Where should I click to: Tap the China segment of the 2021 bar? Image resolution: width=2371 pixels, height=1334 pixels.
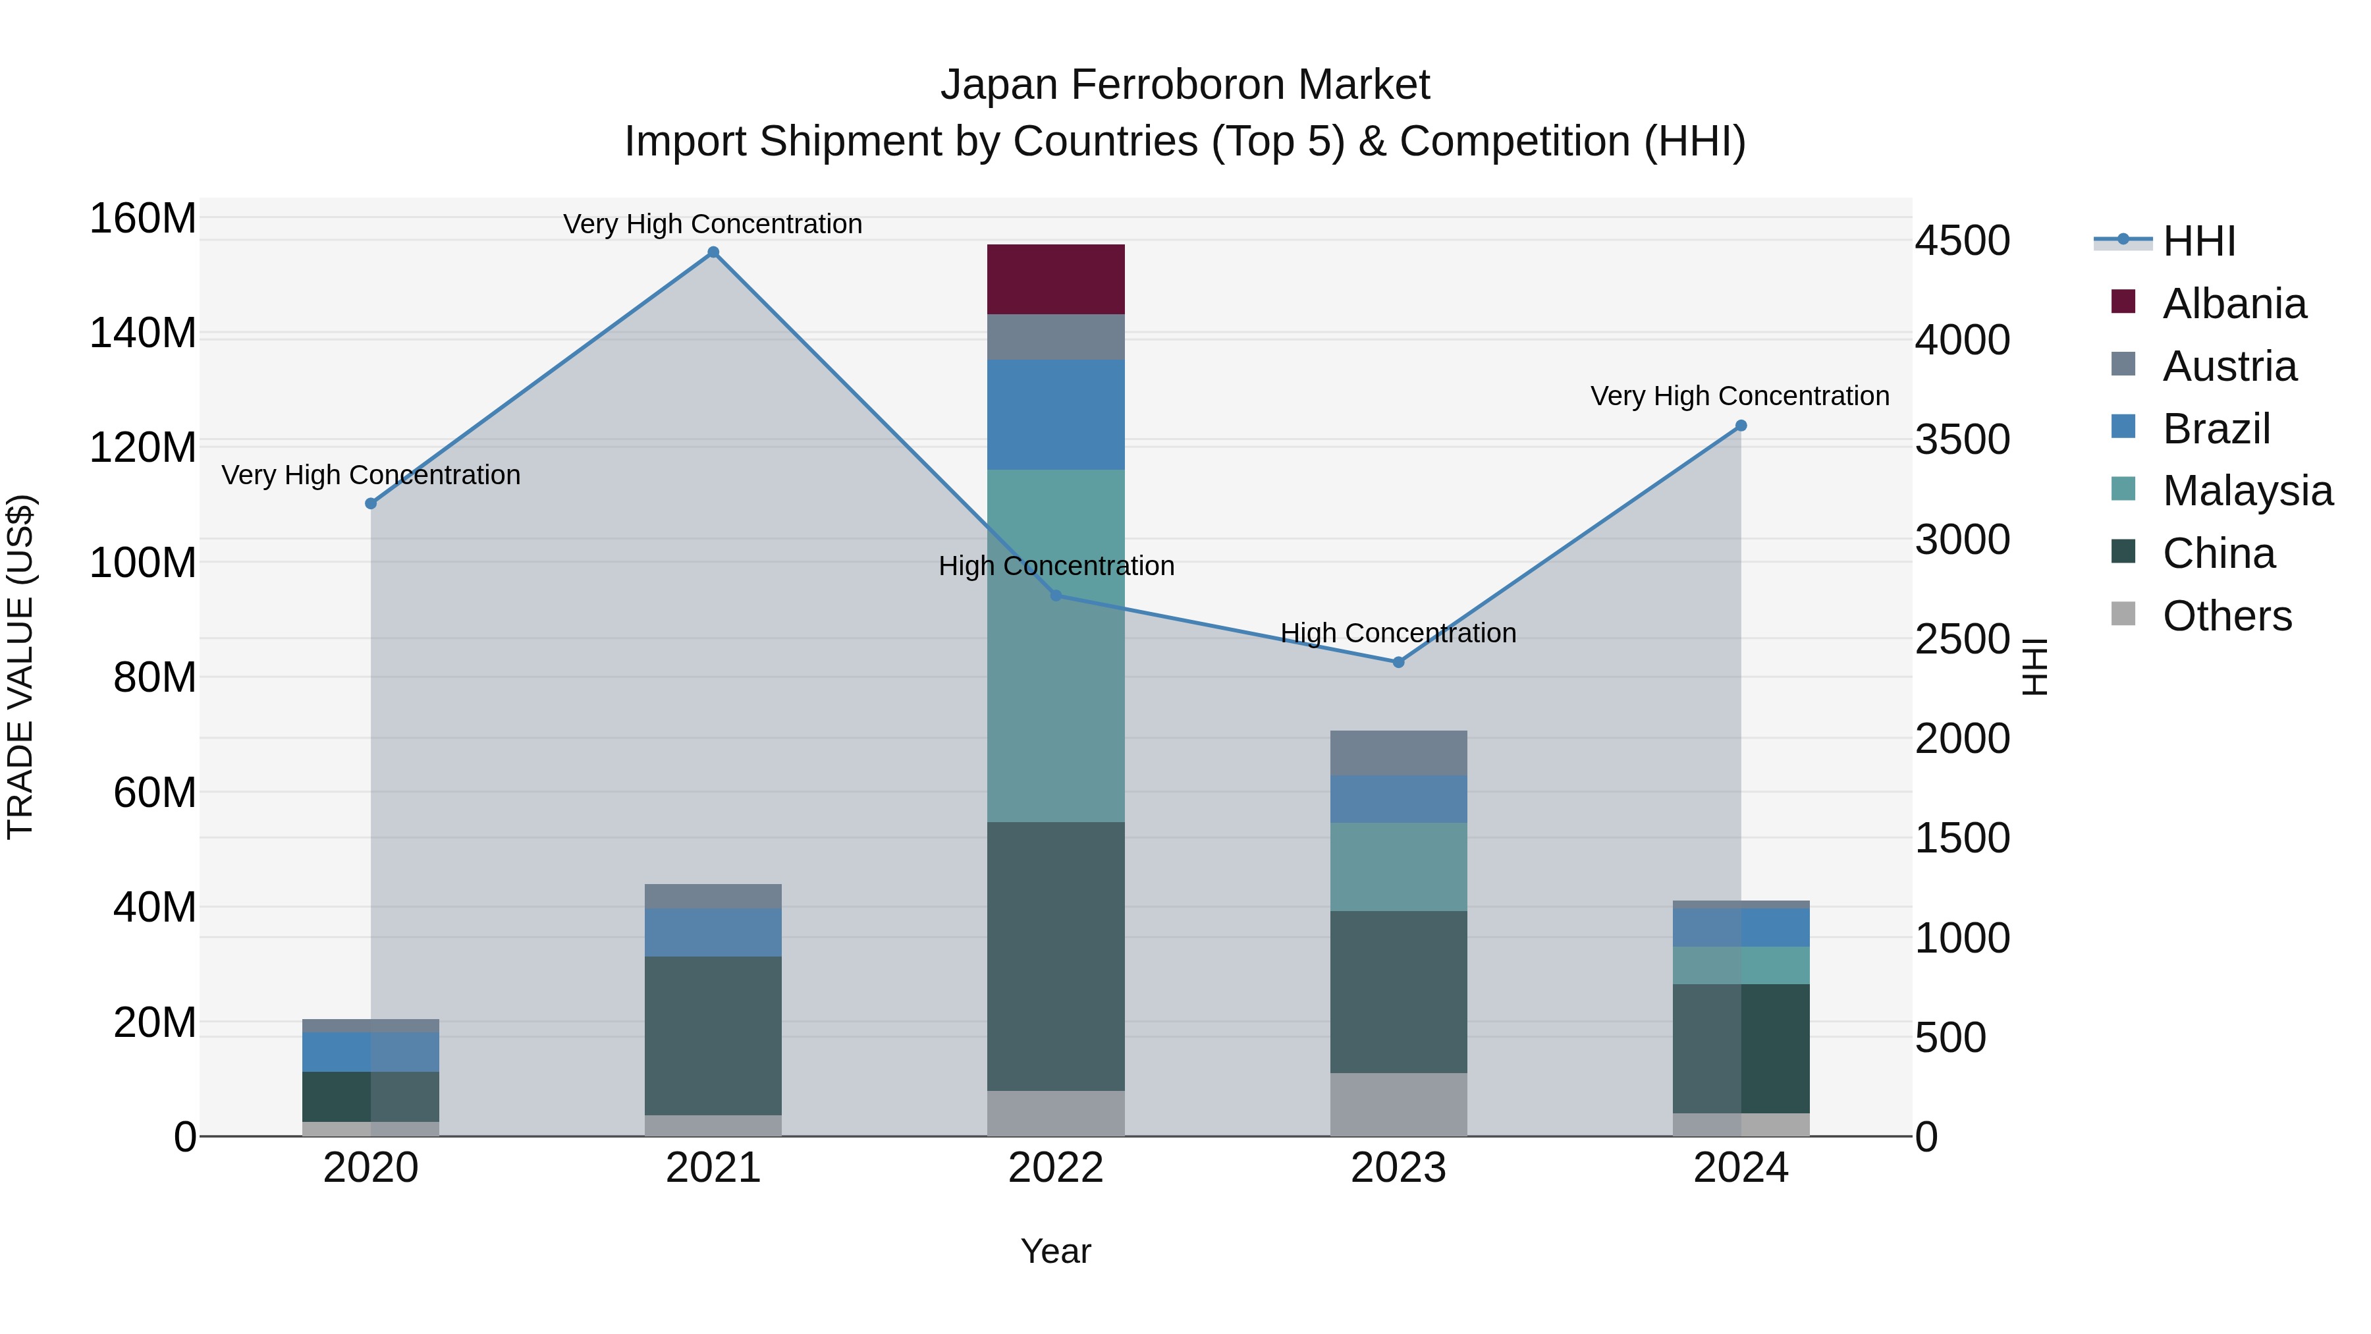(x=713, y=1035)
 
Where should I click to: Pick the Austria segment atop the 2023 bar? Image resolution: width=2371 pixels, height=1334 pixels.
(x=1398, y=752)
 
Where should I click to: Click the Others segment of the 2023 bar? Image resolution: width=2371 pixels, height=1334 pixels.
(x=1398, y=1104)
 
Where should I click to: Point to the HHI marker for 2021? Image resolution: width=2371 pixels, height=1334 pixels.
(x=713, y=252)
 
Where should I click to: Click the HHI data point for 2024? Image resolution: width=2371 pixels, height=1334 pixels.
(x=1741, y=426)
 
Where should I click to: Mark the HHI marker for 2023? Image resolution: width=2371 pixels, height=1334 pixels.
(x=1398, y=662)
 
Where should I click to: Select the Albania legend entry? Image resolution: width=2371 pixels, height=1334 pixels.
(x=2234, y=304)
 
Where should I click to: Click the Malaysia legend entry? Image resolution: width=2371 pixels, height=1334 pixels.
(x=2247, y=491)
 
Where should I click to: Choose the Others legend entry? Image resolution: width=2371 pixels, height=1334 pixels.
(x=2227, y=616)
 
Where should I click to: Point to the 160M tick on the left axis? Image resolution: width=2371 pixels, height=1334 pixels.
(x=143, y=219)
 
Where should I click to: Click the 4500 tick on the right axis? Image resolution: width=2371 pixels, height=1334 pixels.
(x=1963, y=241)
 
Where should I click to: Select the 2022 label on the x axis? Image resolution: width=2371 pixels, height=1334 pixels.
(x=1056, y=1168)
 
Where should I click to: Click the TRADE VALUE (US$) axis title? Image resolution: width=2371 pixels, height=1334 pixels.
(x=21, y=667)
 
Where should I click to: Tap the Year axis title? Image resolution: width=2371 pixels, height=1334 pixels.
(x=1056, y=1251)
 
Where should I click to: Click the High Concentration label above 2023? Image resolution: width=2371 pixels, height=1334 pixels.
(x=1398, y=633)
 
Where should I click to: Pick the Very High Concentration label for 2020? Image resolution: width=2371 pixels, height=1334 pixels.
(x=371, y=475)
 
